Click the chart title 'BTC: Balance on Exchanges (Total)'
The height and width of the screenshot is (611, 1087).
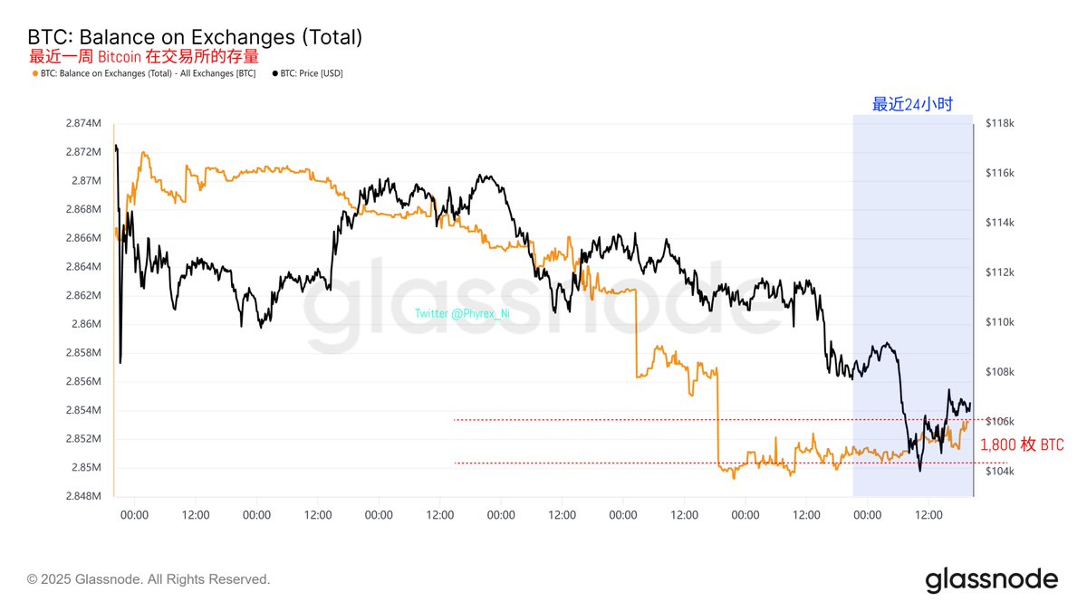[x=195, y=37]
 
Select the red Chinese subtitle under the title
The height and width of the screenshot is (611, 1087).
[x=144, y=56]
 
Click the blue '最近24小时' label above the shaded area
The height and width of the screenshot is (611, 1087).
[x=912, y=104]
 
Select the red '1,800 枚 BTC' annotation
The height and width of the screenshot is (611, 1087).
[x=1023, y=445]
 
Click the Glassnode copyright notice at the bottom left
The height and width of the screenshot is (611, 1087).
[x=149, y=578]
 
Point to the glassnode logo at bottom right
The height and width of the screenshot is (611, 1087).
[x=991, y=579]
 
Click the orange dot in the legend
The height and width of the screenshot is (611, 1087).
[x=34, y=73]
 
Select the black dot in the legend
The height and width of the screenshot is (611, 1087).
[x=274, y=73]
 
